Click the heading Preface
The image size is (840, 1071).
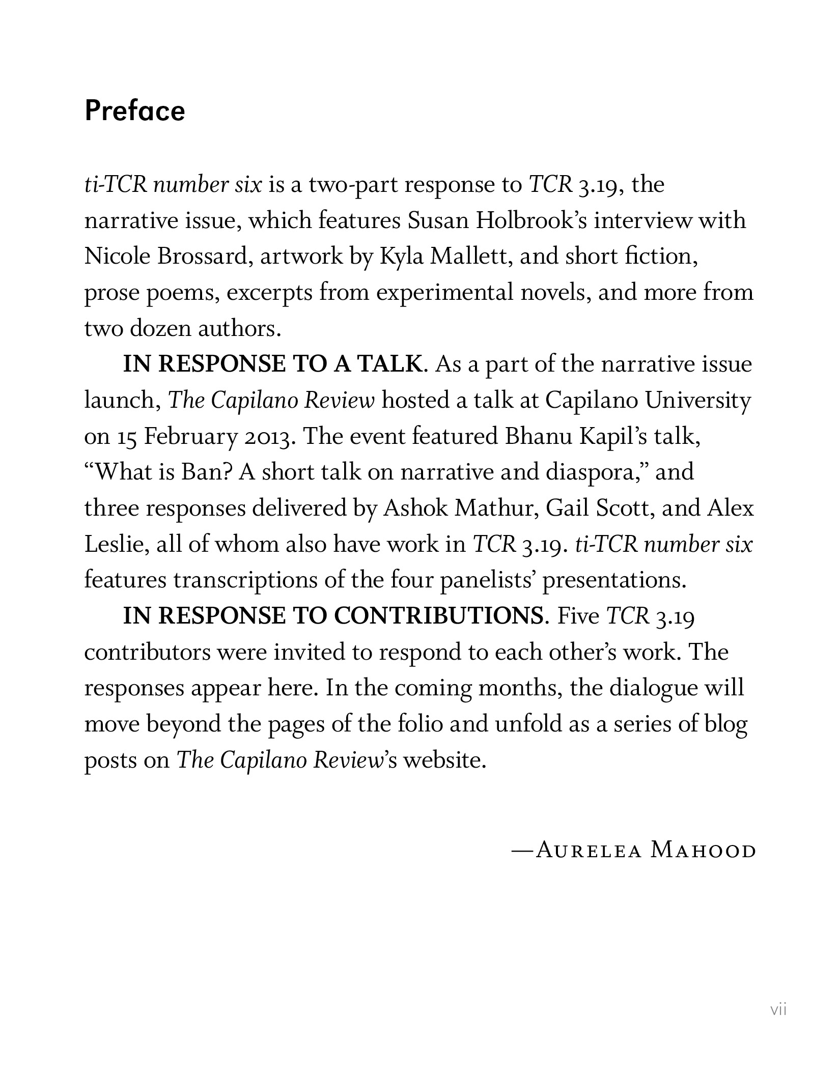point(135,111)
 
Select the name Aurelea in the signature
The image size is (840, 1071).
point(589,851)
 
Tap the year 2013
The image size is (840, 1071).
point(269,437)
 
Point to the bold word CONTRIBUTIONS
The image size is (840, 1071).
point(438,616)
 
